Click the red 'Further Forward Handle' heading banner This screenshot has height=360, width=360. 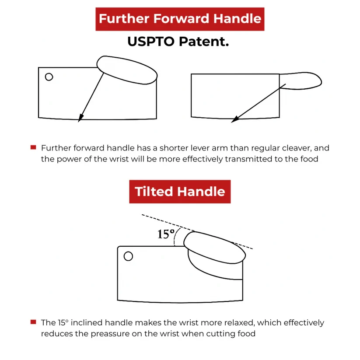pos(180,19)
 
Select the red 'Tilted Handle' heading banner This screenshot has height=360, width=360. pos(180,192)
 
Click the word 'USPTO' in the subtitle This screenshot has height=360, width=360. pos(150,42)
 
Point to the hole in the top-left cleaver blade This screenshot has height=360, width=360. pos(49,77)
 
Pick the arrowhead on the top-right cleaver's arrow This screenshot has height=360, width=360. pos(234,120)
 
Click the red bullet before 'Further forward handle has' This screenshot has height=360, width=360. pos(33,147)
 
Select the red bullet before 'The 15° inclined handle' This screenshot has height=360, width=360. pos(33,322)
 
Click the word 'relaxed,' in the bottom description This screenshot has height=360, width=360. pos(238,323)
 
